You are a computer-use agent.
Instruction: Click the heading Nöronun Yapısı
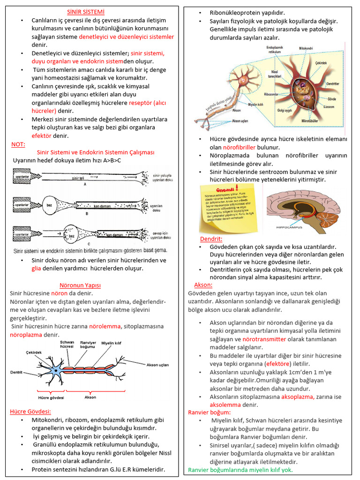[80, 285]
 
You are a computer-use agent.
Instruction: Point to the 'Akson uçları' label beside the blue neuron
[157, 364]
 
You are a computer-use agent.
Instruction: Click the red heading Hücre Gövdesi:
[30, 412]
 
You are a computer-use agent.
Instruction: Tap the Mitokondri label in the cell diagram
[308, 48]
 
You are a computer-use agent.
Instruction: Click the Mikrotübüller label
[311, 121]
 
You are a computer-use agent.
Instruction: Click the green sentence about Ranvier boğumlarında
[240, 470]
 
